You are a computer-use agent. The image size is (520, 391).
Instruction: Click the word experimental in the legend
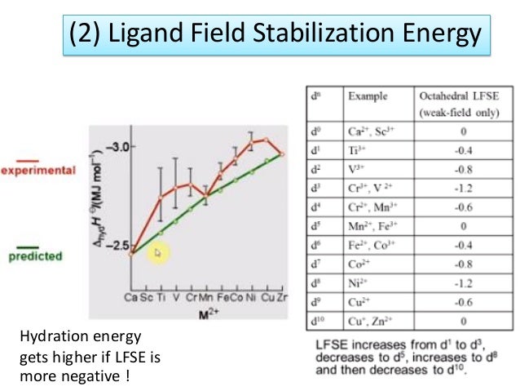[37, 171]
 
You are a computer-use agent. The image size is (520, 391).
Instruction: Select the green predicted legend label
[35, 256]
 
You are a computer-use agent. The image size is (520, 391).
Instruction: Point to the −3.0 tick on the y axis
[122, 146]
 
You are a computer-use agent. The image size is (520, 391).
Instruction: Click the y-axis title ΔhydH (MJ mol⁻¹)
[100, 195]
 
